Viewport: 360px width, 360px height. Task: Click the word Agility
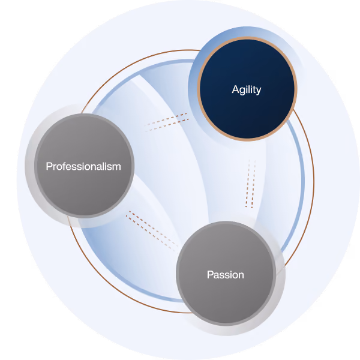coord(247,90)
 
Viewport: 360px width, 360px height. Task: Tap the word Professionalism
coord(83,166)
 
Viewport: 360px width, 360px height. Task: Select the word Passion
coord(226,275)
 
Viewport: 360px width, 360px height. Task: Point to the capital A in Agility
coord(236,89)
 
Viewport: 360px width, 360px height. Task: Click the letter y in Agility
coord(258,91)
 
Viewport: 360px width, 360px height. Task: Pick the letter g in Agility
coord(243,91)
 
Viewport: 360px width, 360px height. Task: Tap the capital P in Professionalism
coord(50,166)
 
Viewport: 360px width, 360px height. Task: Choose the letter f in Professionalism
coord(66,166)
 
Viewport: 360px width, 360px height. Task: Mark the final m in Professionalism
coord(116,167)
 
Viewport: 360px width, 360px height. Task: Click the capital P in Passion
coord(211,275)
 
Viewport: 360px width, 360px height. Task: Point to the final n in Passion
coord(241,276)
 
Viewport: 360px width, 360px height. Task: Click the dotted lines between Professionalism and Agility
coord(166,122)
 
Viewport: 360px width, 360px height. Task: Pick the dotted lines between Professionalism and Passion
coord(152,231)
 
